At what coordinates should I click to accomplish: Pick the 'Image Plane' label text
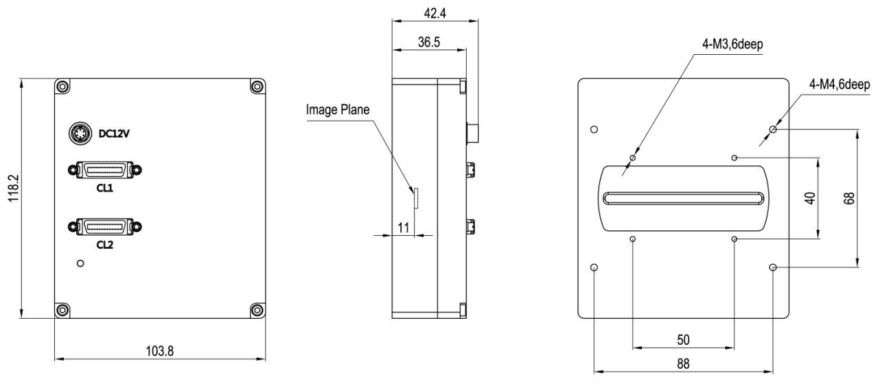338,108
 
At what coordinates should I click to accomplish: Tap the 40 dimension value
809,198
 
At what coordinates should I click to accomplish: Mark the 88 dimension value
684,364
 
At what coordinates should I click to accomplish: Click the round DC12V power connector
78,132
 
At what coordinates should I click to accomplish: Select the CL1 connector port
104,169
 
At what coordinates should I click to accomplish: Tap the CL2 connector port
104,226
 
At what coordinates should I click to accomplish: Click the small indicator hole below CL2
80,263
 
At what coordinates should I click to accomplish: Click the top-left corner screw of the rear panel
62,86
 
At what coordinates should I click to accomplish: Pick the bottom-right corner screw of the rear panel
257,310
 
